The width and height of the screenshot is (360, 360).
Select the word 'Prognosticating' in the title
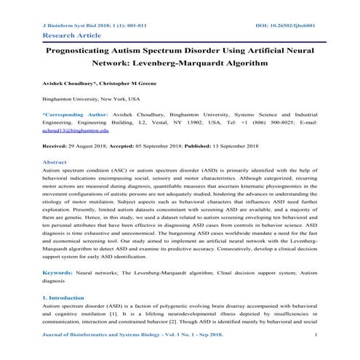tap(82, 52)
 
